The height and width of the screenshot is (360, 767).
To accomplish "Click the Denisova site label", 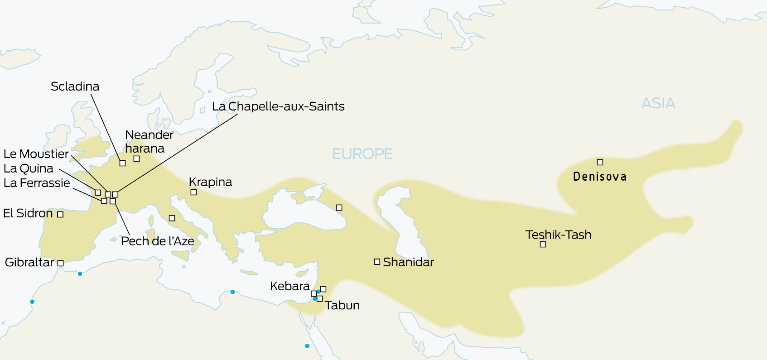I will (x=600, y=177).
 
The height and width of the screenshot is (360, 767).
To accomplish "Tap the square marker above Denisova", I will (x=600, y=162).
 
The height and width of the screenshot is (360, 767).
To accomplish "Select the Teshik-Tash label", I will (x=558, y=235).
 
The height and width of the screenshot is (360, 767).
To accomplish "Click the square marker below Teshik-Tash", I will (x=543, y=245).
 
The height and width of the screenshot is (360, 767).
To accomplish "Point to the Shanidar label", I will (x=408, y=262).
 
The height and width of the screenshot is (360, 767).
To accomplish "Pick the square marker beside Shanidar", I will (x=376, y=262).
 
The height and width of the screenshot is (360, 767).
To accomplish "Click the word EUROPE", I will (x=362, y=154).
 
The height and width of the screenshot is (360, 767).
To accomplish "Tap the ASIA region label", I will (x=658, y=103).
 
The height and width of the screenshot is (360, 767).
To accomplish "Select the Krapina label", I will (x=210, y=182).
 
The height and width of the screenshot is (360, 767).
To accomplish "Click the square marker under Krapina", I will (x=193, y=192).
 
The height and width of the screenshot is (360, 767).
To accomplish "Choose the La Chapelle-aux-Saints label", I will (x=278, y=106).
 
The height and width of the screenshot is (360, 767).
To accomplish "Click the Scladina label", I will (x=75, y=86).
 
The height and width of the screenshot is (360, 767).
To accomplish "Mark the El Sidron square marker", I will (x=60, y=214).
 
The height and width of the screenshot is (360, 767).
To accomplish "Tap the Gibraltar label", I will (x=29, y=262).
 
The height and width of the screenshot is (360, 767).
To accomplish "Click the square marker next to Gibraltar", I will (x=60, y=263).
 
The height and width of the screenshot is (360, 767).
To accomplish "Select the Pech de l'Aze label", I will (x=157, y=241).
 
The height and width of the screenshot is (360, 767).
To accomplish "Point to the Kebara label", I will (x=289, y=286).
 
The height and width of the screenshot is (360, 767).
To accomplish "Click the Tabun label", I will (x=342, y=306).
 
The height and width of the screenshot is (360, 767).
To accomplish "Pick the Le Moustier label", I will (x=36, y=154).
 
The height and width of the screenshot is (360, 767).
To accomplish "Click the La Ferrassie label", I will (x=37, y=183).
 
